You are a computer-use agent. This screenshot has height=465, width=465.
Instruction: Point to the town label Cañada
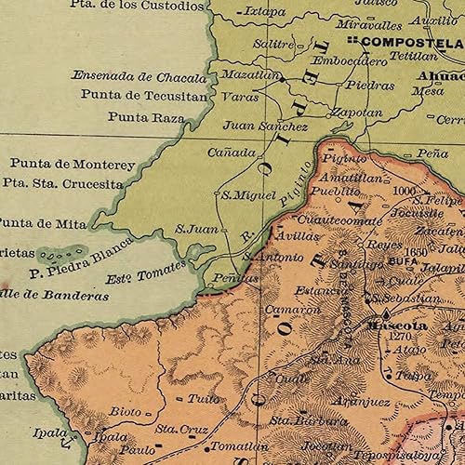pos(232,152)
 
